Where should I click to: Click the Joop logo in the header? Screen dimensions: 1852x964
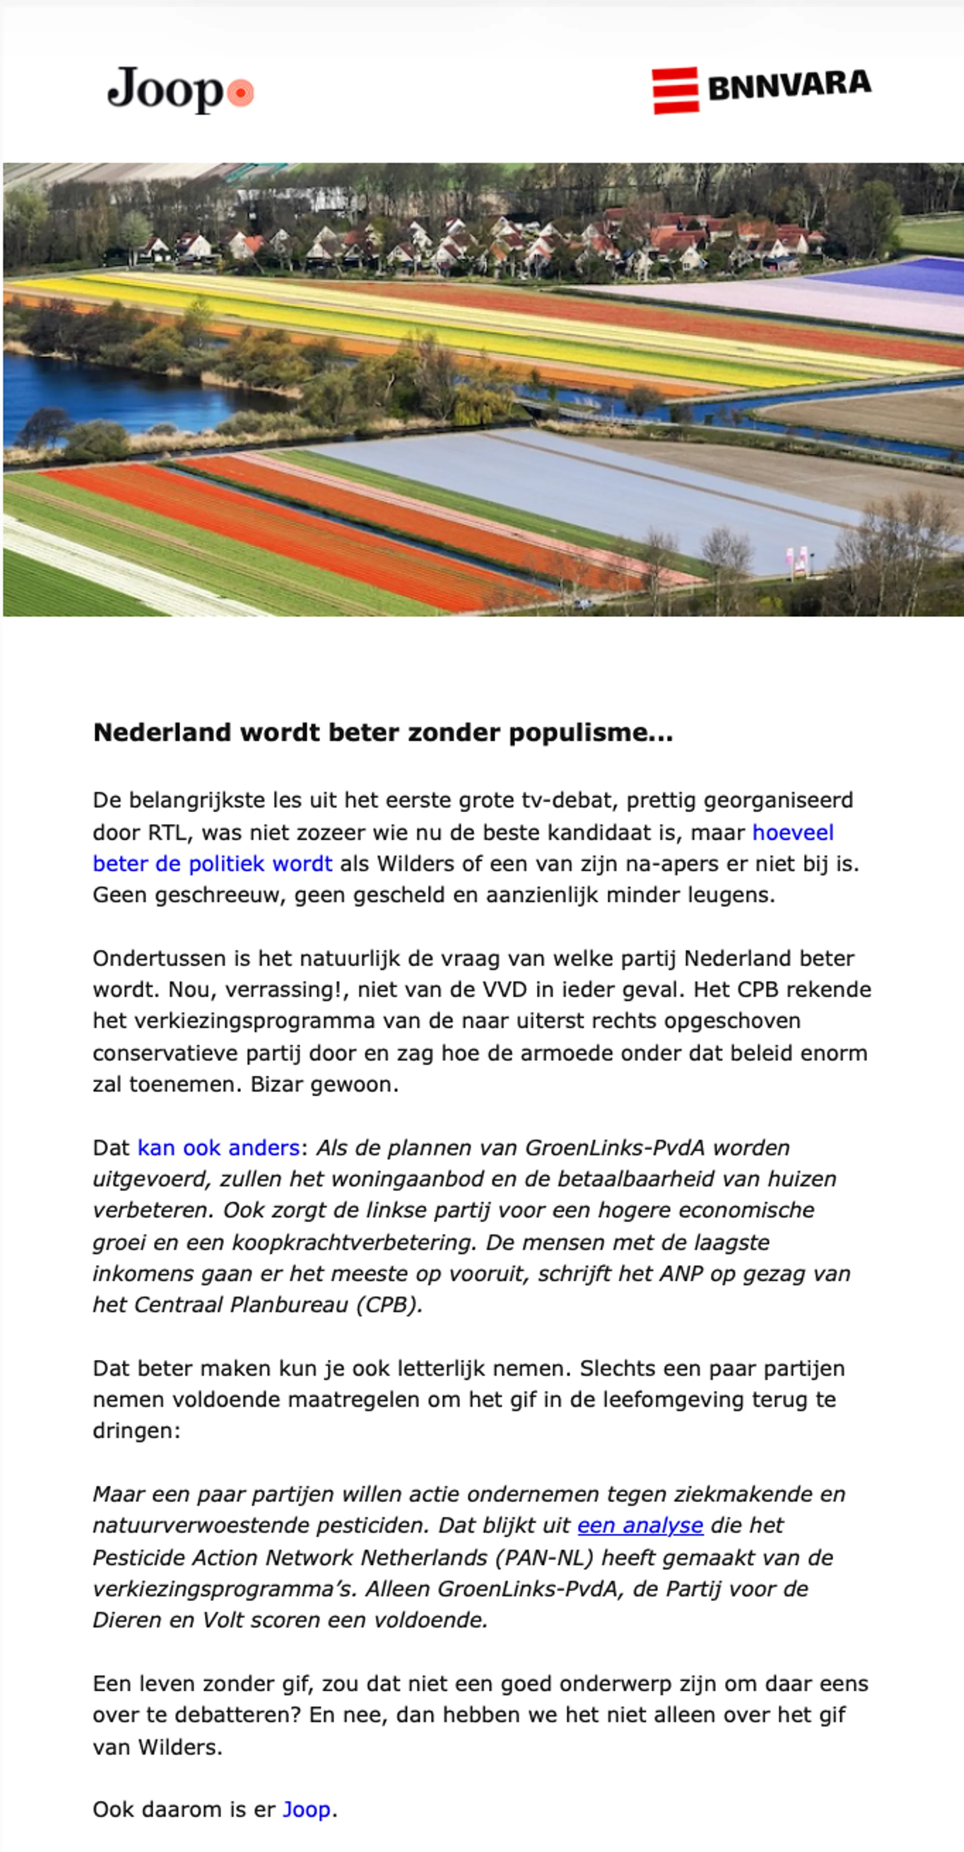pyautogui.click(x=165, y=90)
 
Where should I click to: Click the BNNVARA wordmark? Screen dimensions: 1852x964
pyautogui.click(x=789, y=85)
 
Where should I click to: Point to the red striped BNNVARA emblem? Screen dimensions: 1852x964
pyautogui.click(x=675, y=90)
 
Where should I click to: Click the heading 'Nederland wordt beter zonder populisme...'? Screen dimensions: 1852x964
pyautogui.click(x=383, y=733)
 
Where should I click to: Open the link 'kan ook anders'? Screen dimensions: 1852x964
pyautogui.click(x=218, y=1147)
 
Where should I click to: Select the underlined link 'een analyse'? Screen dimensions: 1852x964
pyautogui.click(x=640, y=1526)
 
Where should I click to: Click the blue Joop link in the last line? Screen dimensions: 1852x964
pyautogui.click(x=307, y=1810)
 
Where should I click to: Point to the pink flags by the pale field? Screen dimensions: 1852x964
pyautogui.click(x=796, y=558)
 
